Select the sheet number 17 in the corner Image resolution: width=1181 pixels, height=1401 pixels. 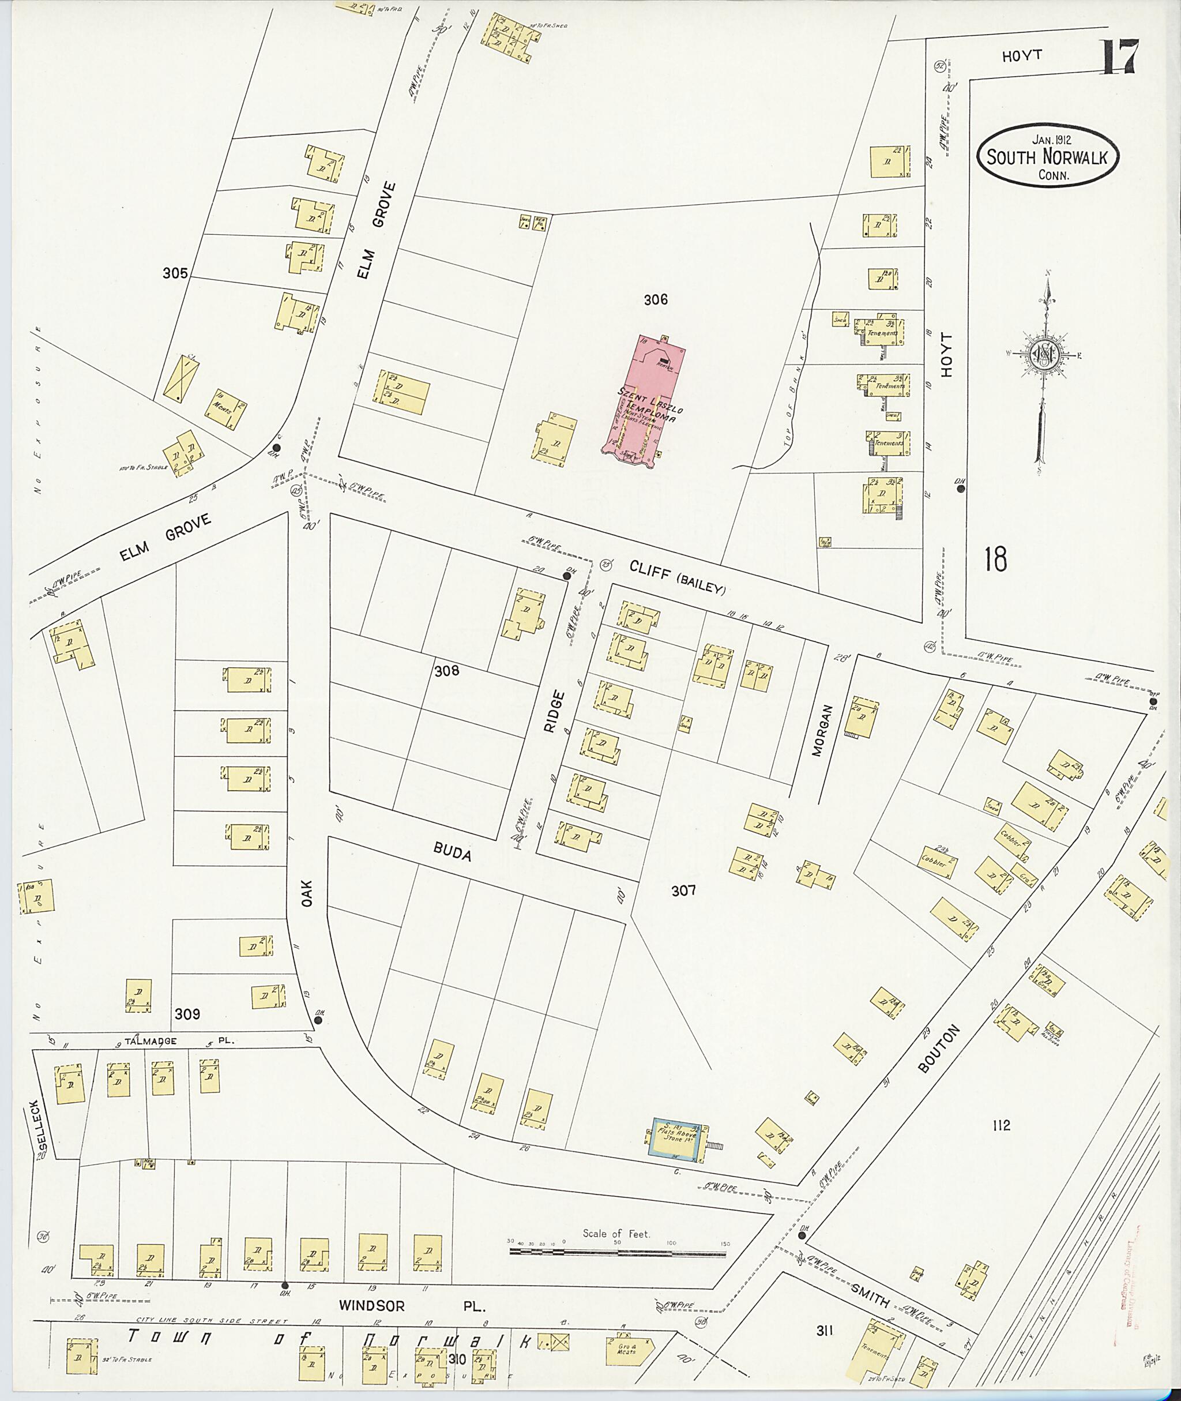1118,57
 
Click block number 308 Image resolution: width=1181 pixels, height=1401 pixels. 446,670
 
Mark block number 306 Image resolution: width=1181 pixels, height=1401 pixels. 656,300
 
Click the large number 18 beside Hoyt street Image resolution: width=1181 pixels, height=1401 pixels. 995,558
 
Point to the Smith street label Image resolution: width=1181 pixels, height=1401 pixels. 870,1293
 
